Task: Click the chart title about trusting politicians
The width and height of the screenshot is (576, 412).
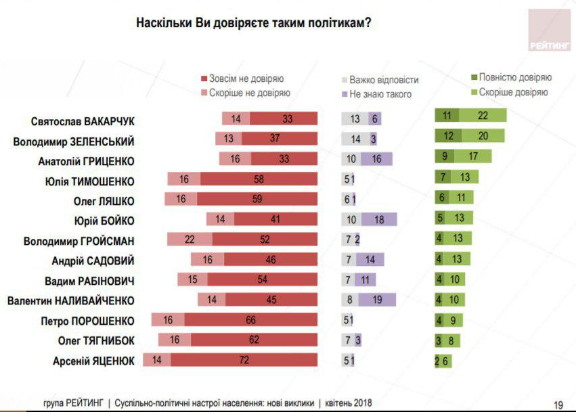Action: (x=253, y=22)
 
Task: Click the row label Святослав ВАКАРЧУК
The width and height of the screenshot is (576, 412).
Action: (x=83, y=122)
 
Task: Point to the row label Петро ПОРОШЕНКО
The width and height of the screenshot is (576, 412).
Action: (x=93, y=321)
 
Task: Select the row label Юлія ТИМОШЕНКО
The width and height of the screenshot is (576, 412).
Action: (x=90, y=181)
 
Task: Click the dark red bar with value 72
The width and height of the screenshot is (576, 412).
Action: (x=244, y=361)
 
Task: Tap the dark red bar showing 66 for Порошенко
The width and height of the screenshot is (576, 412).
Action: (x=250, y=321)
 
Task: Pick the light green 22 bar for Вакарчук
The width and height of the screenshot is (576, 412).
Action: (x=483, y=116)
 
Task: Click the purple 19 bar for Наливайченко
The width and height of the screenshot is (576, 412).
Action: (x=376, y=300)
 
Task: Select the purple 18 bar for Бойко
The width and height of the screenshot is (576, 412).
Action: (x=378, y=221)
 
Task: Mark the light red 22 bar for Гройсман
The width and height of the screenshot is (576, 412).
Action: (x=190, y=240)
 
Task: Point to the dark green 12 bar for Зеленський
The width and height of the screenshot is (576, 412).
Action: (x=447, y=135)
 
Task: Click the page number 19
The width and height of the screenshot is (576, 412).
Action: (x=558, y=404)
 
